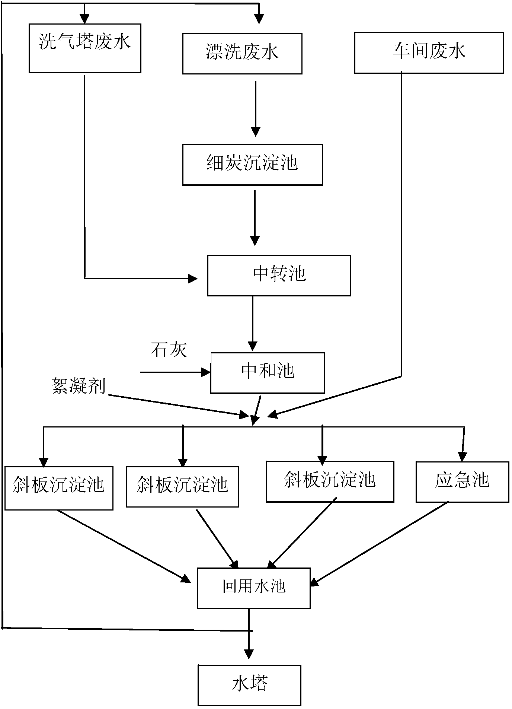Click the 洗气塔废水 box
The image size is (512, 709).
(85, 48)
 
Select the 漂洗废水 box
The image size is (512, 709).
(242, 54)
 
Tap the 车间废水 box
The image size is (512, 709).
(429, 53)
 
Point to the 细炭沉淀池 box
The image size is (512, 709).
(252, 165)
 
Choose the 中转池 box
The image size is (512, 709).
(279, 276)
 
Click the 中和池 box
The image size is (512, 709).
(268, 373)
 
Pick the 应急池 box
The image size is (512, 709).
(462, 482)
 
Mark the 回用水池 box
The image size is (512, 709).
(254, 588)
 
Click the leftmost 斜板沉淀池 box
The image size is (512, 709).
(59, 487)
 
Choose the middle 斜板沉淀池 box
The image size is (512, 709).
(182, 486)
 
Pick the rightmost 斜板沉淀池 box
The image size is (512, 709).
(330, 481)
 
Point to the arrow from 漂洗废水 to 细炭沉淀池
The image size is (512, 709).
(255, 108)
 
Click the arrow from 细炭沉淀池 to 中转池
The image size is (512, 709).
(255, 218)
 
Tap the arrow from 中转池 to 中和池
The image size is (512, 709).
(253, 323)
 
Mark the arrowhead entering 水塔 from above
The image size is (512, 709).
(249, 654)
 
